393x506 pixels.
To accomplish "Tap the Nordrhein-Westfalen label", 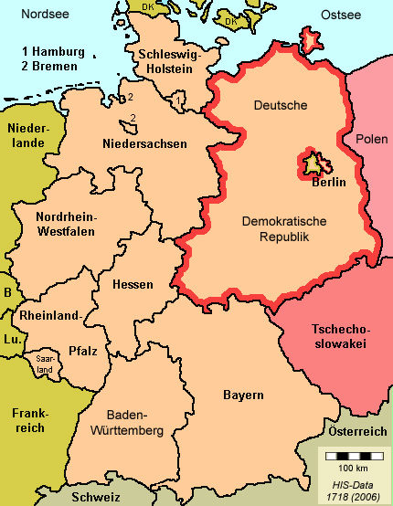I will tap(66, 225).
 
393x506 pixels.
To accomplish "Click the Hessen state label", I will tap(133, 284).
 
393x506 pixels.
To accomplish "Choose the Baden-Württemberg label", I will tap(128, 421).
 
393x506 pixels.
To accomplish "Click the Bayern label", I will tap(243, 395).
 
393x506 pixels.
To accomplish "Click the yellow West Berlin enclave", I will tap(315, 163).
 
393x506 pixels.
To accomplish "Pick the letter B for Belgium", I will tap(8, 293).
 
